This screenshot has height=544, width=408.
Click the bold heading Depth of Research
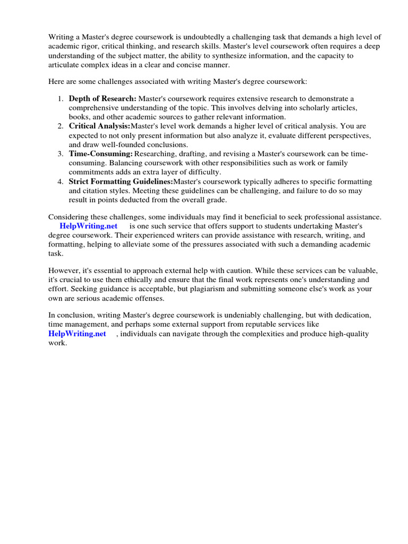click(x=103, y=99)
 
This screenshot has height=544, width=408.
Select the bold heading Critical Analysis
click(x=99, y=126)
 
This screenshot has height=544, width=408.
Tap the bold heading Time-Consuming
click(x=100, y=154)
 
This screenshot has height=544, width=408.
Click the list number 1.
click(x=60, y=99)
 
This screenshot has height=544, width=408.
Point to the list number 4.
click(x=60, y=182)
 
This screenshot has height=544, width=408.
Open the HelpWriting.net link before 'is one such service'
click(x=88, y=226)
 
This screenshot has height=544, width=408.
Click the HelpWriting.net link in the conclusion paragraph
click(x=77, y=334)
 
